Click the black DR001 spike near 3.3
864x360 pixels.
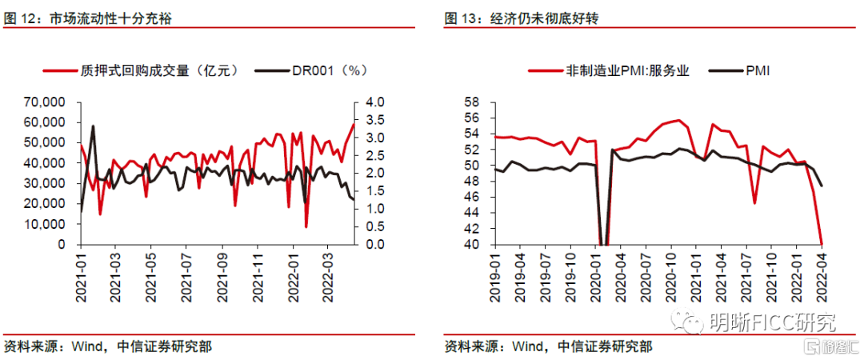(94, 126)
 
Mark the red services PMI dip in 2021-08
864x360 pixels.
(755, 202)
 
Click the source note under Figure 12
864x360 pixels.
(108, 346)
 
